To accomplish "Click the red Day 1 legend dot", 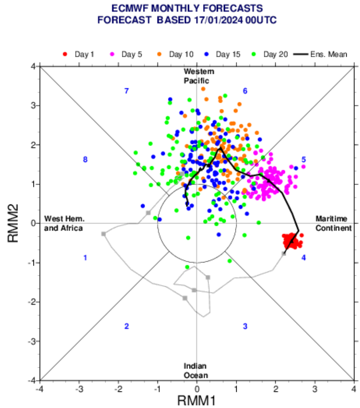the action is (65, 54).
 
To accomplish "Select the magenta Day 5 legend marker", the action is (112, 54).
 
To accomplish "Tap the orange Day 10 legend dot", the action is (159, 54).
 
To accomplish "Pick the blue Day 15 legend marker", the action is (206, 54).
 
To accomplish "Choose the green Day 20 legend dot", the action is (254, 54).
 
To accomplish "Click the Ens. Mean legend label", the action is (329, 54).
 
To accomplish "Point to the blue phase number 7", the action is (127, 91).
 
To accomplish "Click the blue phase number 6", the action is (245, 91).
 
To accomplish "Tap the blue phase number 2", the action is (127, 326).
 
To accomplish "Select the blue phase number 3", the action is (245, 326).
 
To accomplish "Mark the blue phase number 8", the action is (85, 160).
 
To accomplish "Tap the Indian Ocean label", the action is (196, 371).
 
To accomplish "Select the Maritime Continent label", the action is (333, 223).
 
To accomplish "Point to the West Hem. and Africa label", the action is (64, 223).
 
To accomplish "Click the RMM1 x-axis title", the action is (197, 401).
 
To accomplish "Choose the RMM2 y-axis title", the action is (13, 223).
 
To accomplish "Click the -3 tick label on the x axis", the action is (79, 389).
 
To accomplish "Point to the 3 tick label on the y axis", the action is (33, 106).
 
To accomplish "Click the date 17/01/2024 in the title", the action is (218, 20).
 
